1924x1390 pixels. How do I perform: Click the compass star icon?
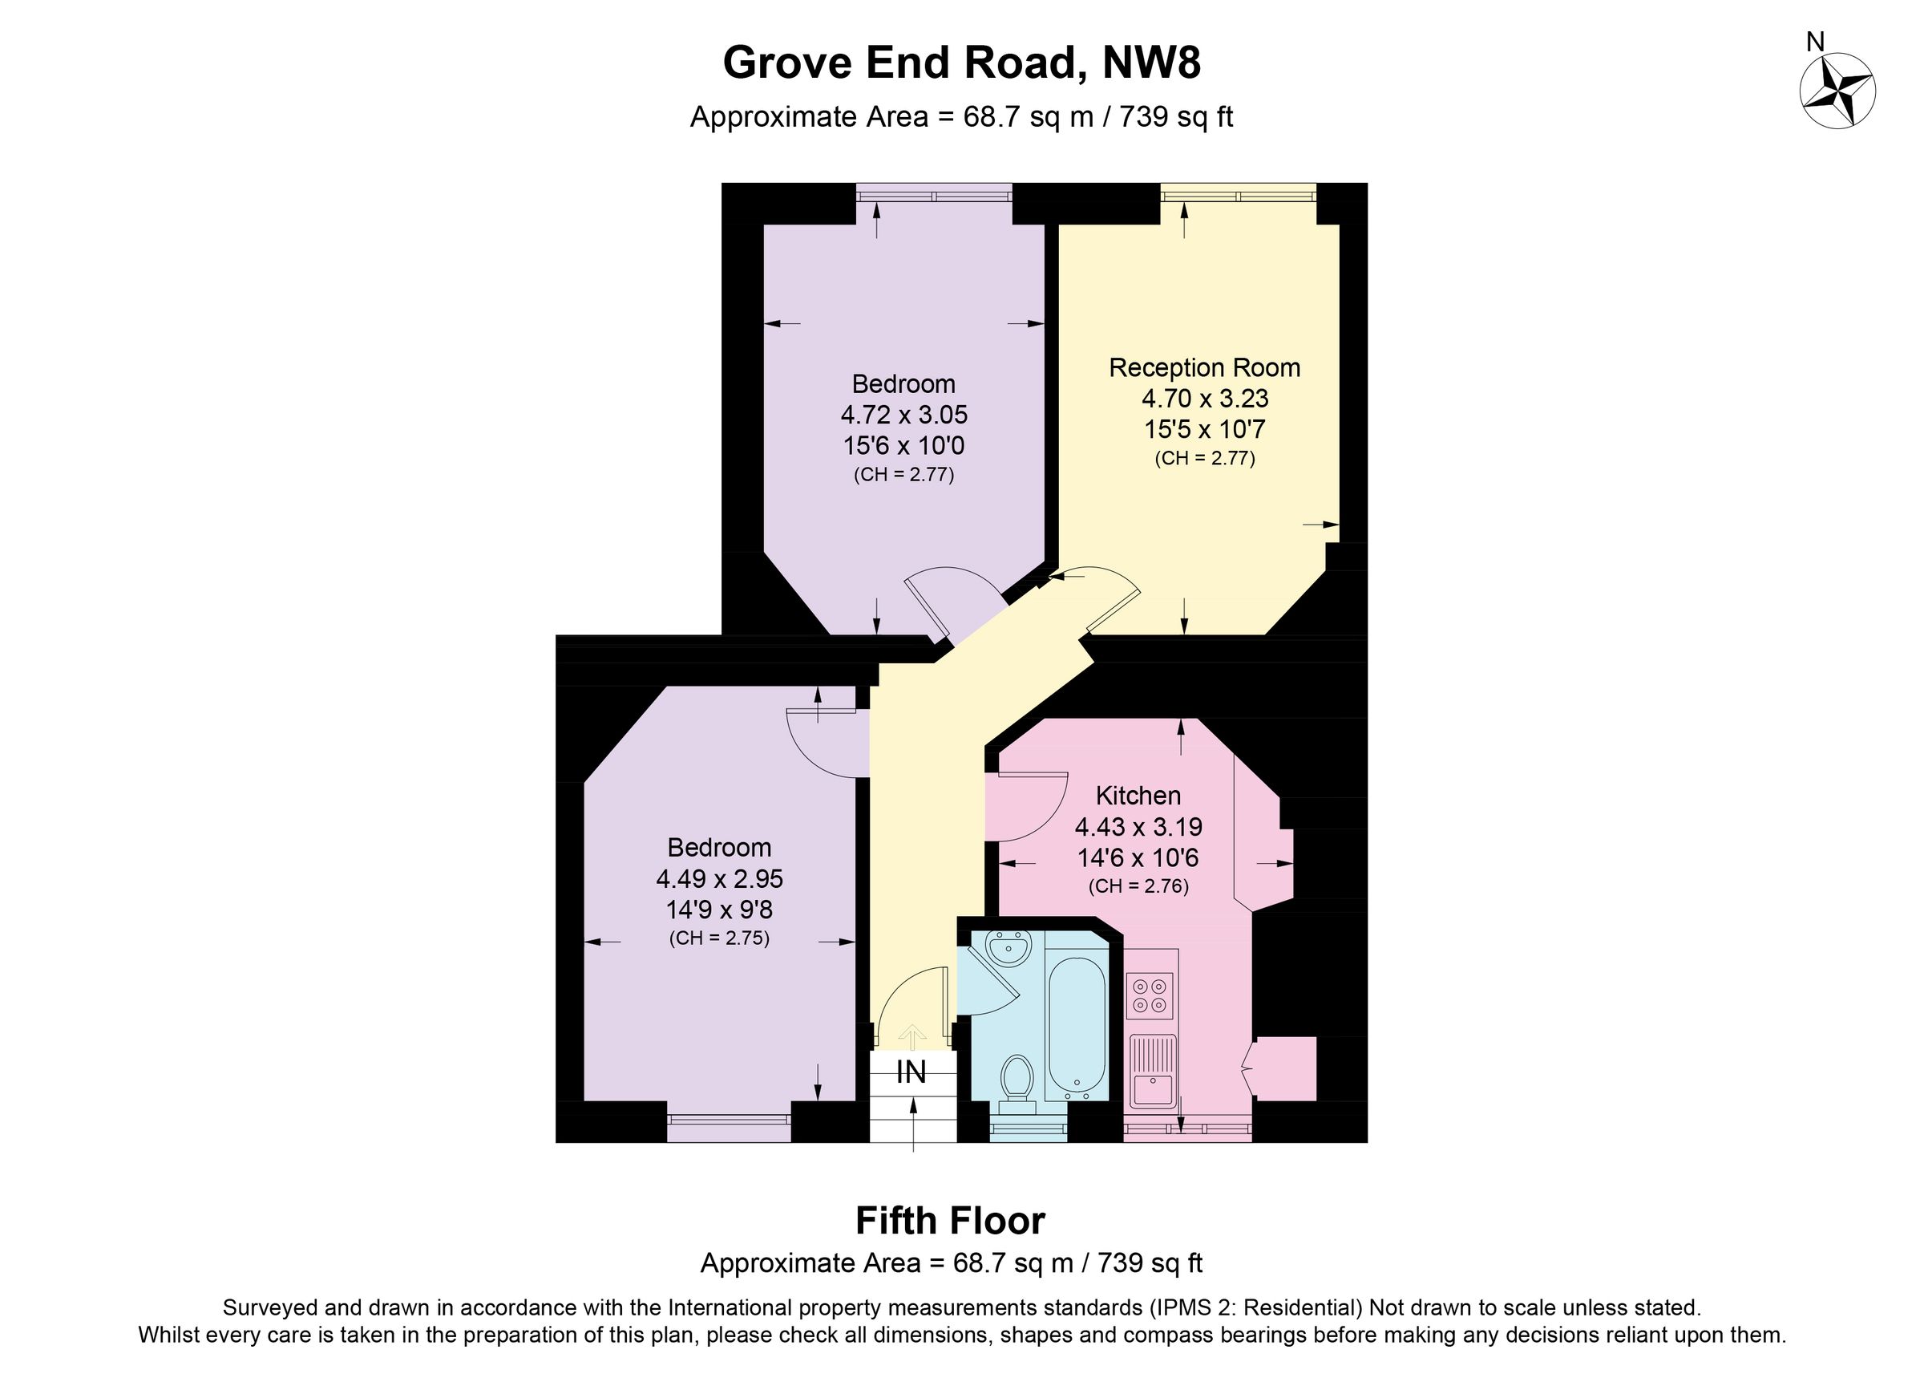1837,91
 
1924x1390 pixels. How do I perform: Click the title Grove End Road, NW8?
961,63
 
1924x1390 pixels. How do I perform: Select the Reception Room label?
1204,367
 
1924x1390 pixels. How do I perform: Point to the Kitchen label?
1138,795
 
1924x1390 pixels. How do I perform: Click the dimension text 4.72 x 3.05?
903,415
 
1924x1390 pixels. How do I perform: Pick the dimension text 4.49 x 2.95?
718,878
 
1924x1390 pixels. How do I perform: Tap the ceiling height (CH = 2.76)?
1138,887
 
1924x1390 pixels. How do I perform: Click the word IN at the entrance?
911,1072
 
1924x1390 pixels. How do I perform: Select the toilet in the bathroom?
1017,1082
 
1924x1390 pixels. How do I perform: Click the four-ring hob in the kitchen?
1150,995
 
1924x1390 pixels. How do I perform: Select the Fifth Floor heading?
950,1221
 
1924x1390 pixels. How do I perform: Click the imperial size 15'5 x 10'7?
1204,429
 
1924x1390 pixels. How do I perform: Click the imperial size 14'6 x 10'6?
1138,858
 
